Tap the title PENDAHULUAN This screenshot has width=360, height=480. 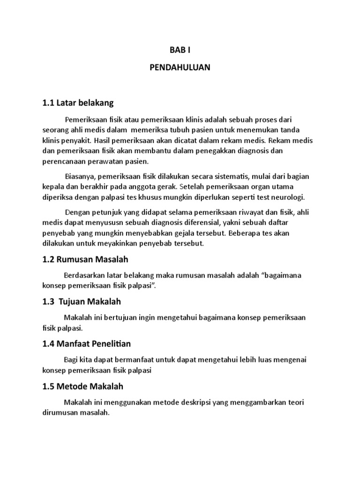(x=180, y=67)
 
